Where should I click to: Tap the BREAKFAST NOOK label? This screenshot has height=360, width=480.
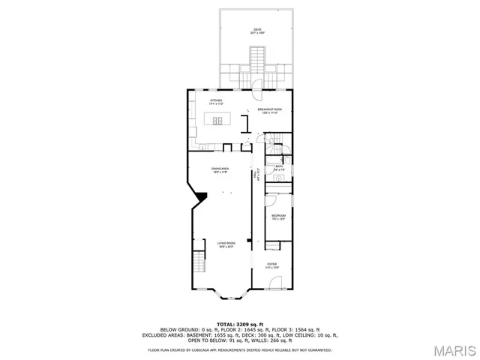pos(269,109)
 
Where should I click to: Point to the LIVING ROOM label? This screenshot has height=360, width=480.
pos(226,243)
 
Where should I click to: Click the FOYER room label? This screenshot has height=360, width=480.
pos(272,264)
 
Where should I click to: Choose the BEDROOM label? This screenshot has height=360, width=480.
pos(278,216)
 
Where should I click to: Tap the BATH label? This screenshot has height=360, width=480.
pos(279,167)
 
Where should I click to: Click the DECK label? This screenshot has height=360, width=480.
pos(257,30)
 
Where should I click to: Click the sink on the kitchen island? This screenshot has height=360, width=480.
pos(217,120)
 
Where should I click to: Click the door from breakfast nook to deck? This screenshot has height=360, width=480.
pos(257,85)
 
